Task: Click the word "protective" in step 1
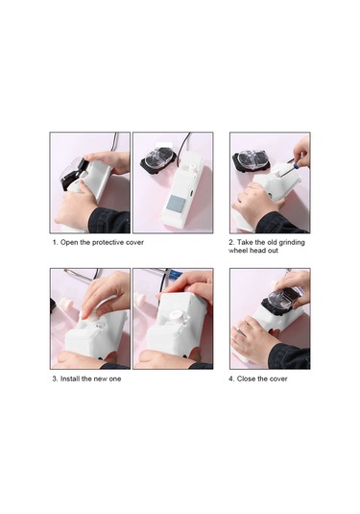pyautogui.click(x=108, y=242)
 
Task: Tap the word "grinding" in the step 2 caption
pyautogui.click(x=292, y=242)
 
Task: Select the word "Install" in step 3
pyautogui.click(x=70, y=379)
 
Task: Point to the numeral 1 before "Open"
pyautogui.click(x=55, y=242)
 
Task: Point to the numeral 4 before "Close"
pyautogui.click(x=231, y=379)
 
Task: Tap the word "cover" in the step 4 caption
pyautogui.click(x=278, y=379)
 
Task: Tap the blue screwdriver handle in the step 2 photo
pyautogui.click(x=296, y=166)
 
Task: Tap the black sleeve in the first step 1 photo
pyautogui.click(x=109, y=220)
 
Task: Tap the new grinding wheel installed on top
pyautogui.click(x=176, y=316)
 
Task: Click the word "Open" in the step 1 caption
pyautogui.click(x=69, y=243)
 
